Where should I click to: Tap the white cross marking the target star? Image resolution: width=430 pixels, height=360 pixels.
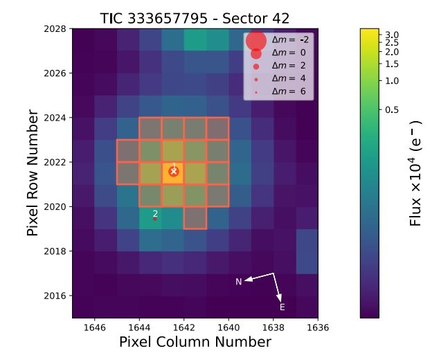(174, 171)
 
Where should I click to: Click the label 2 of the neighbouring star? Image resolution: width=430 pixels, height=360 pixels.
(155, 214)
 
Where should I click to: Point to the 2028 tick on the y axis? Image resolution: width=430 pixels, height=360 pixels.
(55, 29)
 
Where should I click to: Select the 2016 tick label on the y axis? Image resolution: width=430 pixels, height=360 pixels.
(55, 296)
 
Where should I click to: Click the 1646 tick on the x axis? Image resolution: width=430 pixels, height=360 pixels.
(95, 327)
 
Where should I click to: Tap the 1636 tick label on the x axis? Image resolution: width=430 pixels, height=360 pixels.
(317, 327)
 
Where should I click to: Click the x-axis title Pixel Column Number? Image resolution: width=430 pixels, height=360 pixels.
(195, 342)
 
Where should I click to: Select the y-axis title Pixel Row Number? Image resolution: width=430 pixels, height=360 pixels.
(33, 173)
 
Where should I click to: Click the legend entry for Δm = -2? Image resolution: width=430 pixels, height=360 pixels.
(290, 40)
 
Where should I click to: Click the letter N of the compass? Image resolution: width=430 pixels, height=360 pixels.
(239, 281)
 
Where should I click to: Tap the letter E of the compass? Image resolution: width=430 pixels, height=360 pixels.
(282, 307)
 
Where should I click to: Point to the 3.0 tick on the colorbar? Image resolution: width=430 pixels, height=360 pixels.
(392, 35)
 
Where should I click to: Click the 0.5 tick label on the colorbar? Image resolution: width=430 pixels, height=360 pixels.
(392, 109)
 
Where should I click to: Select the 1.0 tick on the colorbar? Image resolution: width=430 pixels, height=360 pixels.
(392, 80)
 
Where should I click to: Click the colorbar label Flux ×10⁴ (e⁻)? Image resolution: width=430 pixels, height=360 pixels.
(415, 173)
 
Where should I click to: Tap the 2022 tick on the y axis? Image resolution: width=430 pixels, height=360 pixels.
(55, 162)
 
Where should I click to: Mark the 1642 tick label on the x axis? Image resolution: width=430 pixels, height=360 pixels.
(183, 327)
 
